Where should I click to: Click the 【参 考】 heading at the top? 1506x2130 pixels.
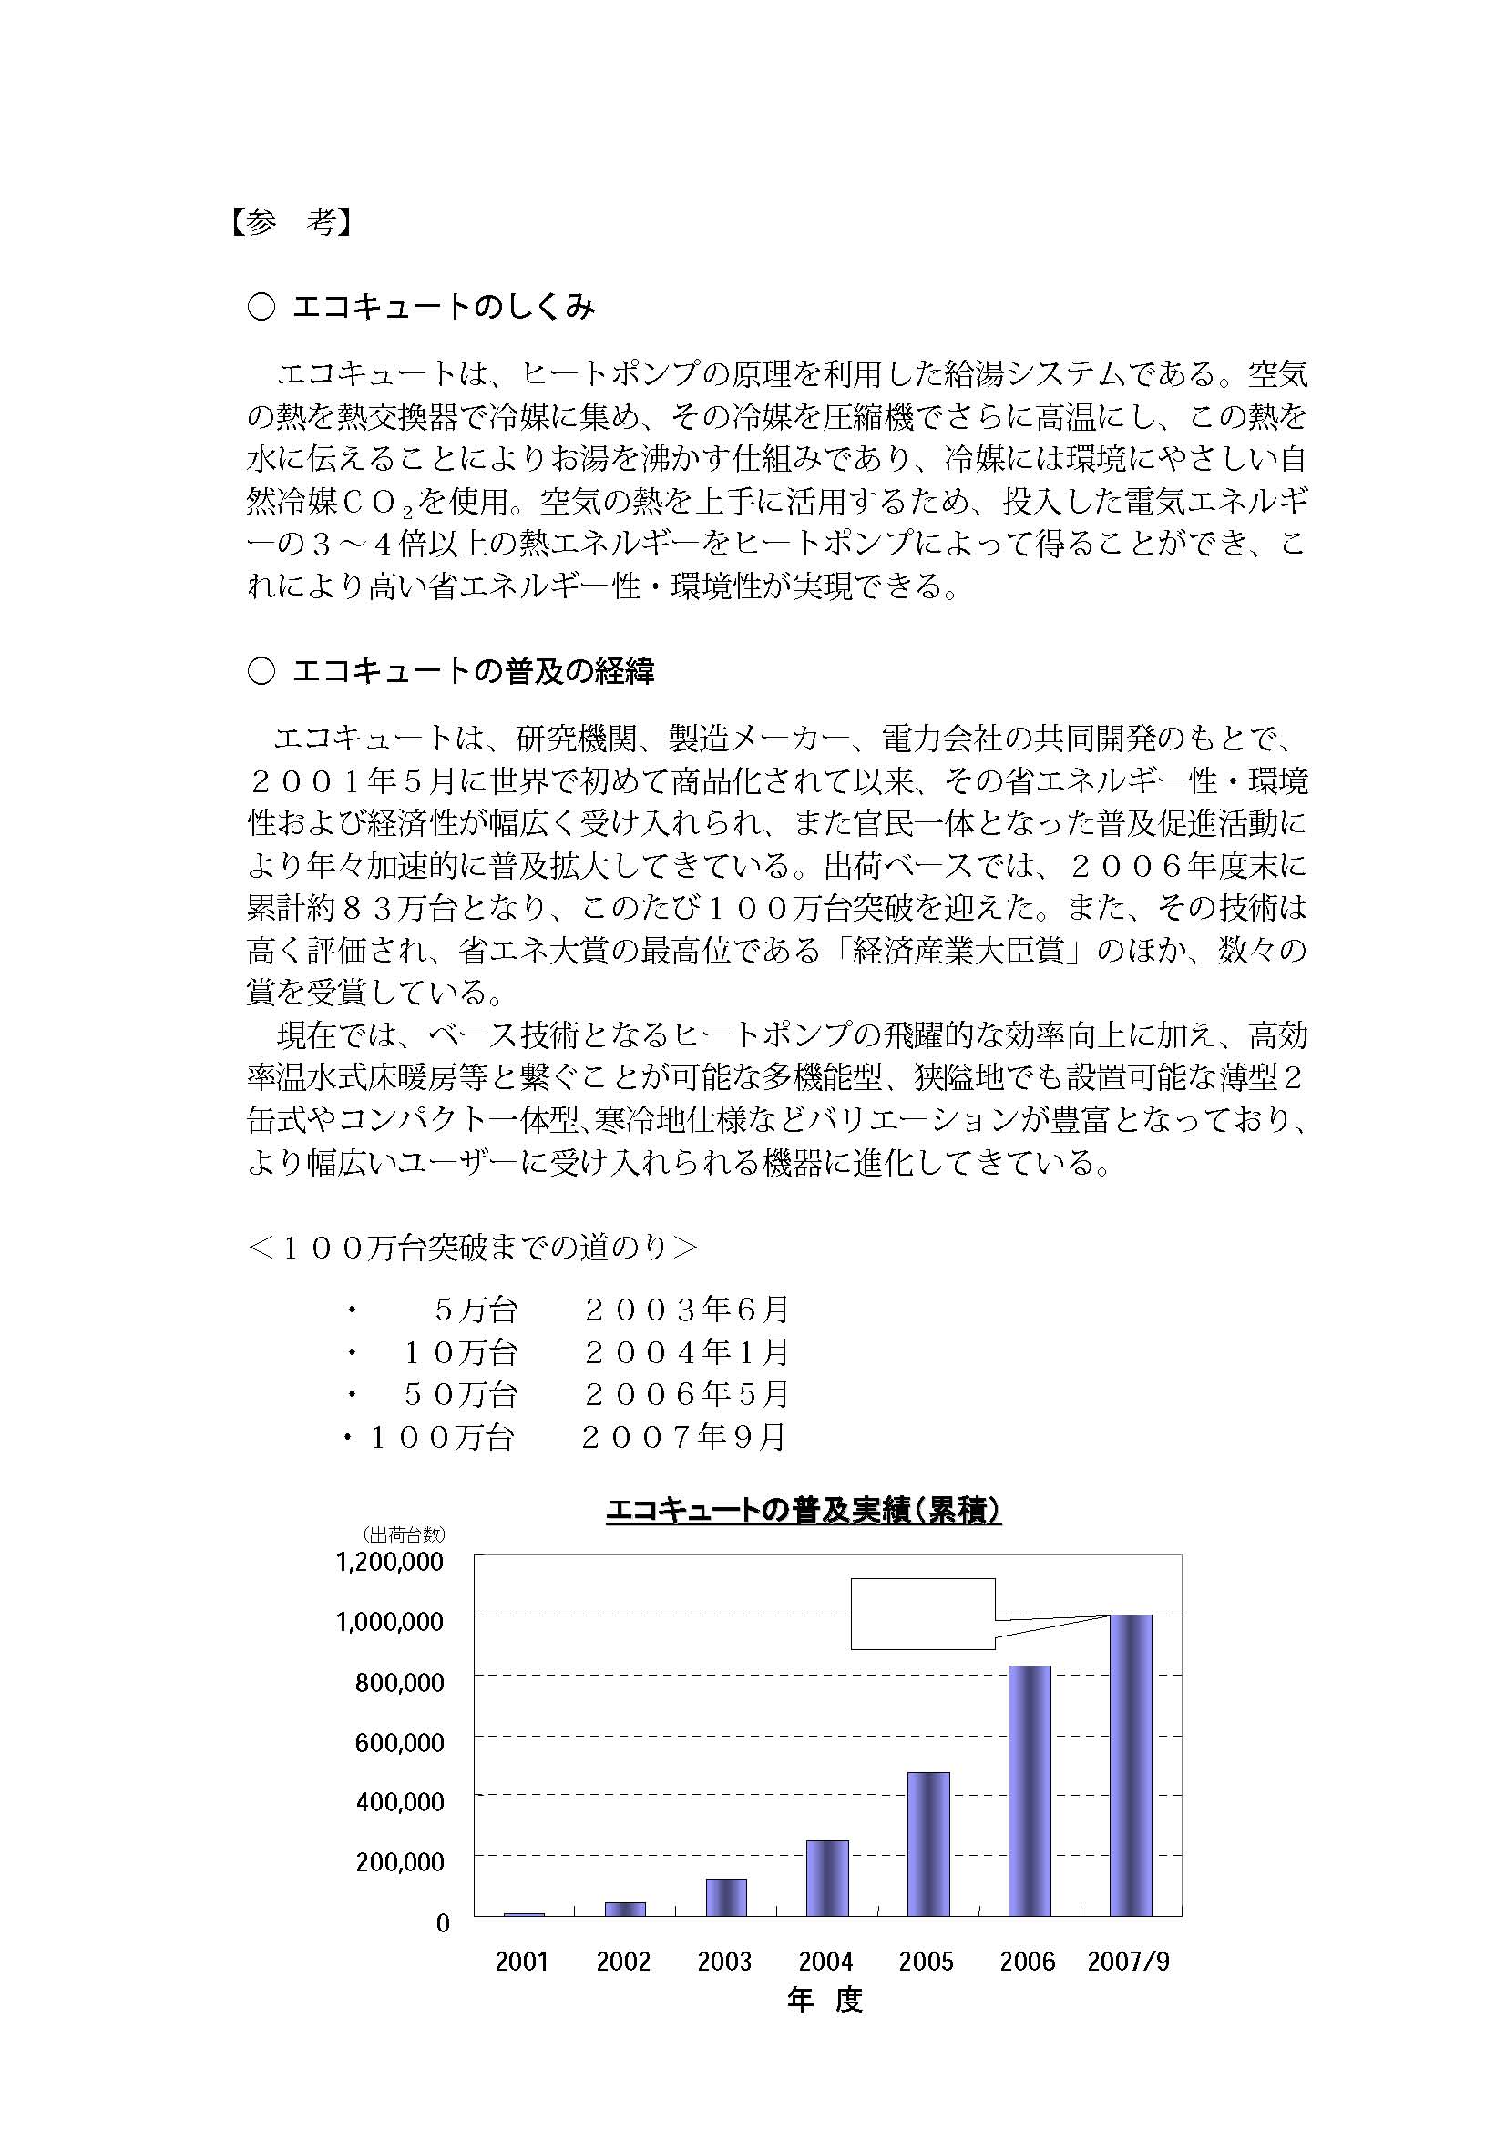click(x=291, y=222)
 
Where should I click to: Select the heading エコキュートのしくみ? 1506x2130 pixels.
click(x=443, y=307)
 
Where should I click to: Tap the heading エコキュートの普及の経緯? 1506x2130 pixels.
click(x=472, y=671)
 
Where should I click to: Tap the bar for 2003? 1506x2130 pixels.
click(x=725, y=1897)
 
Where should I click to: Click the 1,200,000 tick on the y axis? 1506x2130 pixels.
click(x=390, y=1562)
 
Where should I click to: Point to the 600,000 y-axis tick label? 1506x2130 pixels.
click(x=400, y=1741)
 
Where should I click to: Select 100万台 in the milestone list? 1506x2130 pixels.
click(x=442, y=1437)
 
